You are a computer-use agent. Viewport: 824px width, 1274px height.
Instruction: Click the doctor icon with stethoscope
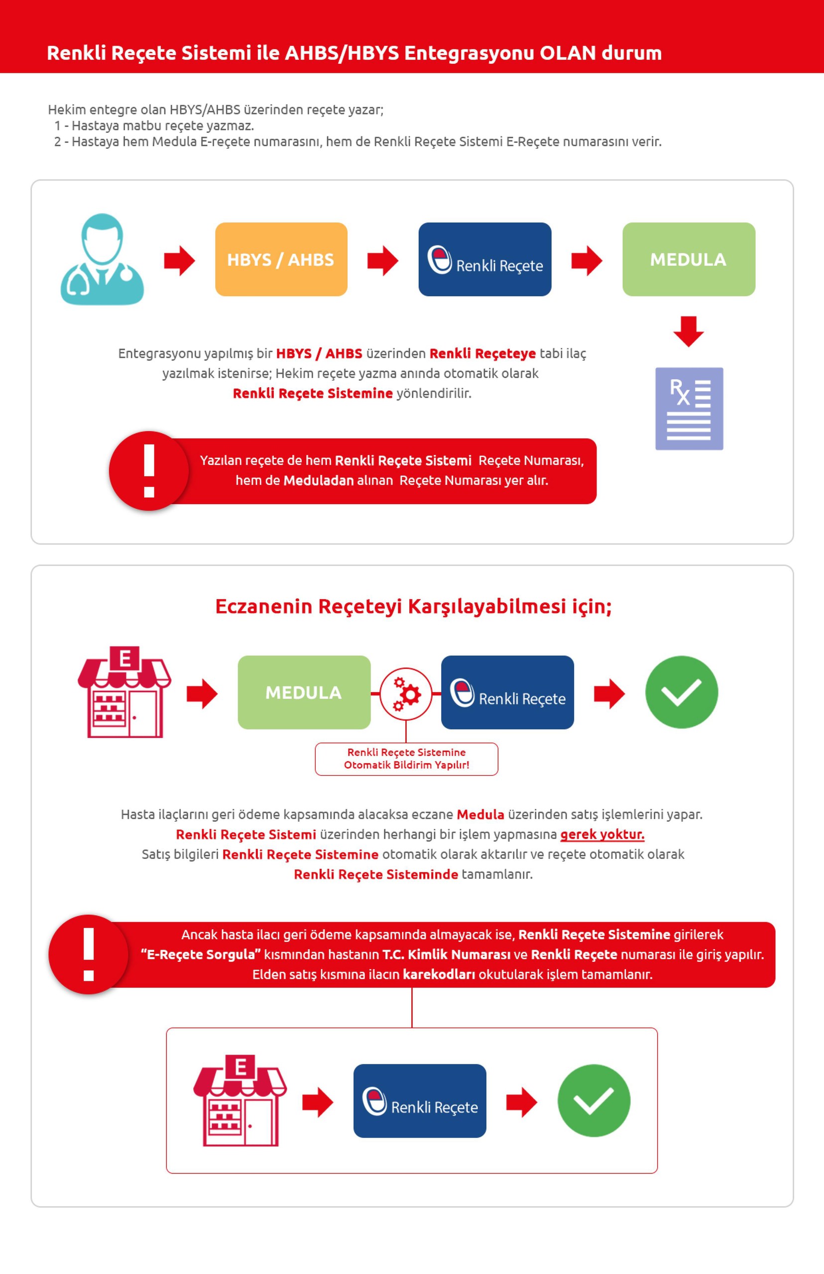click(102, 259)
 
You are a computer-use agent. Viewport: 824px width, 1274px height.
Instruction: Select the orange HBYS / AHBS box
click(281, 259)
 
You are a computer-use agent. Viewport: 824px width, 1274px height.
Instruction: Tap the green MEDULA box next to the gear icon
click(304, 692)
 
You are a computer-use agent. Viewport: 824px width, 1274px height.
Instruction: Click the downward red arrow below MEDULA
click(688, 331)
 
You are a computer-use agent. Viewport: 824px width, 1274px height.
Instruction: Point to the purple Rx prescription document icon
click(689, 409)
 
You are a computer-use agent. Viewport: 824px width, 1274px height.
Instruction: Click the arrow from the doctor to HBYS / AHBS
click(179, 260)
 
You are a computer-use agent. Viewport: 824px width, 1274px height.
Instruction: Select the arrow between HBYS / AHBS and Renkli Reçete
click(382, 260)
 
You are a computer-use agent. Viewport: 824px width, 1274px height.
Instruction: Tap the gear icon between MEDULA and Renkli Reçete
click(406, 694)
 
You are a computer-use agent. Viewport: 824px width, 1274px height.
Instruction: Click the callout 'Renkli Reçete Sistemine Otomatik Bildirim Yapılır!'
click(406, 758)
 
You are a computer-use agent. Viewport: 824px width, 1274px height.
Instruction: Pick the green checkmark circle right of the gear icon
click(681, 692)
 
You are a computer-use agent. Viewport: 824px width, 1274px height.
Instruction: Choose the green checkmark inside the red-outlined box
click(593, 1100)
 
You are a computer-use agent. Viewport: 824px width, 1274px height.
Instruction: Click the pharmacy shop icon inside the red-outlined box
click(239, 1100)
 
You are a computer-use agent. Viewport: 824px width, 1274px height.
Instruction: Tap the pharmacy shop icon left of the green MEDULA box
click(124, 692)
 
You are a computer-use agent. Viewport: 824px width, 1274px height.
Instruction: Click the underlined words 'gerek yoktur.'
click(602, 835)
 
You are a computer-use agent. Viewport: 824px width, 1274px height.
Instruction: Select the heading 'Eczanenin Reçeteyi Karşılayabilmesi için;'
click(413, 607)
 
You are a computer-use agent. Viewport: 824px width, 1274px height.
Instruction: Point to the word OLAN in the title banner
click(567, 53)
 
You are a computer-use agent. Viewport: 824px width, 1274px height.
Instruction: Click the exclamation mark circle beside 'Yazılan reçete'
click(149, 471)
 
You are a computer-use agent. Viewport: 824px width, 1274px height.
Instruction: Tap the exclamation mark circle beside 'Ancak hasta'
click(89, 955)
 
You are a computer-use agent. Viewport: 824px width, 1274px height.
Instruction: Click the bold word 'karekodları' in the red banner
click(439, 974)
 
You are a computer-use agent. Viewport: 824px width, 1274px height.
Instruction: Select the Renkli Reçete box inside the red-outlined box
click(420, 1100)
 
